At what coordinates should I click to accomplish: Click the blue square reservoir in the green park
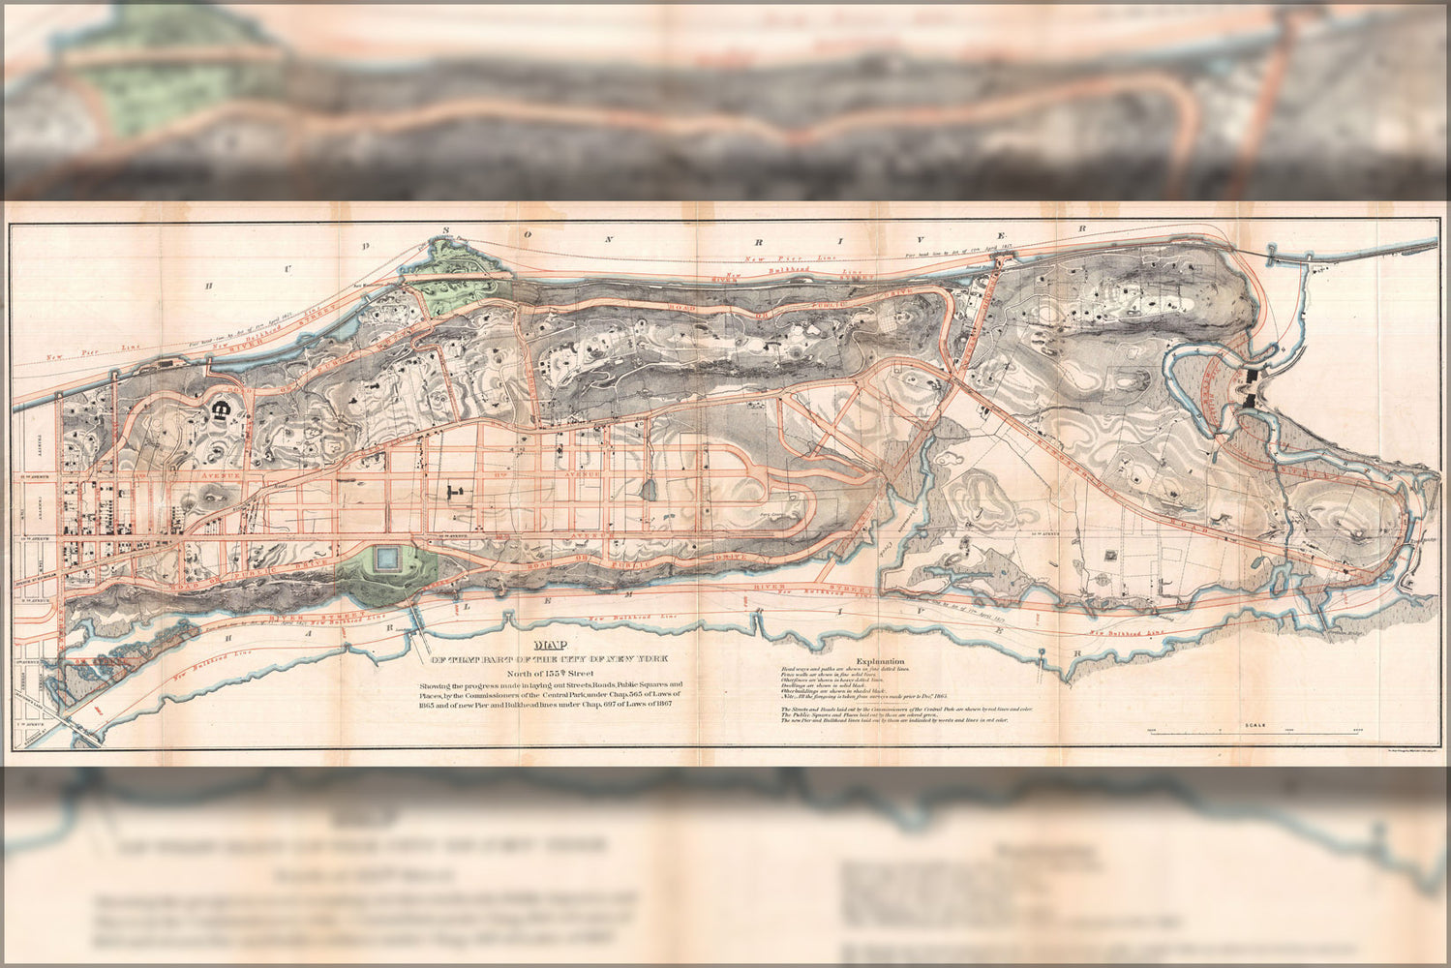(387, 560)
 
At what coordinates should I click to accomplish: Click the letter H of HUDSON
(207, 287)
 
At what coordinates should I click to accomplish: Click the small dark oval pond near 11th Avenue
(650, 489)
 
